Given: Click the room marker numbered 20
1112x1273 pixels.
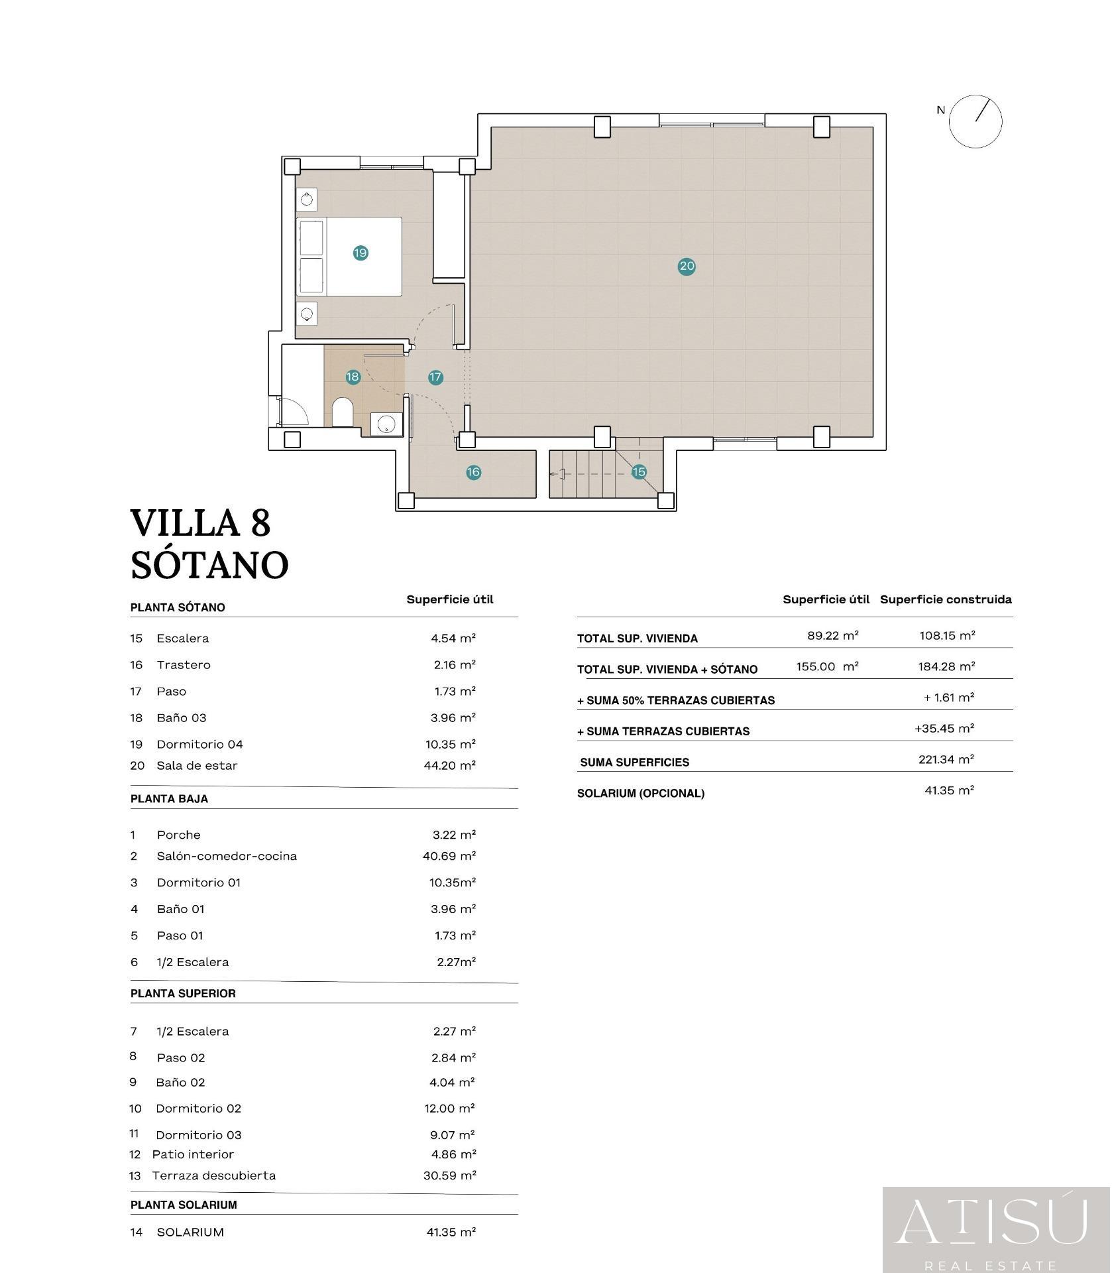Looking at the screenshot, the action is click(687, 267).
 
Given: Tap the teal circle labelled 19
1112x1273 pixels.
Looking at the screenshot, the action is click(361, 253).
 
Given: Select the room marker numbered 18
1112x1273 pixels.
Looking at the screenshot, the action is click(353, 377).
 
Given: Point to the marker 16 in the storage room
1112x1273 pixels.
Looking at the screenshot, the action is click(473, 472).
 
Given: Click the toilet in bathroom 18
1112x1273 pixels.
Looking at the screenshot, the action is click(342, 412).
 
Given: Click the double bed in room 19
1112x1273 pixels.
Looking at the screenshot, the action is click(349, 257).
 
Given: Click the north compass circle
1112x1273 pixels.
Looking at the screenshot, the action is click(975, 121).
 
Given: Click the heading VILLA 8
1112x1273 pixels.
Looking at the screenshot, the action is click(201, 523).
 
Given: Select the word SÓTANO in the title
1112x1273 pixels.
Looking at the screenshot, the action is click(209, 564).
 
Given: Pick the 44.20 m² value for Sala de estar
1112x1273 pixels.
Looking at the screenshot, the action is click(450, 765).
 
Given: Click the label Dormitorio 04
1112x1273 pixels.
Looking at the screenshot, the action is click(199, 744).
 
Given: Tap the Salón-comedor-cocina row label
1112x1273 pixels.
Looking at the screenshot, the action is click(227, 856).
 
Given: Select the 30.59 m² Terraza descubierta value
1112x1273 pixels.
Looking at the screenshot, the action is click(450, 1175).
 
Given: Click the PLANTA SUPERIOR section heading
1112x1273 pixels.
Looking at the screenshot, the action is click(183, 993).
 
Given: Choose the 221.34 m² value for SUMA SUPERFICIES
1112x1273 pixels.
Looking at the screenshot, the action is click(946, 759).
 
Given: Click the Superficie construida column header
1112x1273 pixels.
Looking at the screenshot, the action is click(946, 599).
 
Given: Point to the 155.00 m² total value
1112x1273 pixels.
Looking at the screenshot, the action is click(828, 666).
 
